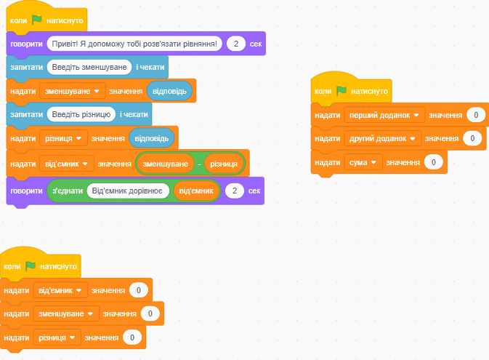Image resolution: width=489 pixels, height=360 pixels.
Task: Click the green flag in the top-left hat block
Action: [x=37, y=20]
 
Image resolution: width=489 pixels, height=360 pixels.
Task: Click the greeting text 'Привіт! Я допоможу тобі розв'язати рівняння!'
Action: [x=134, y=44]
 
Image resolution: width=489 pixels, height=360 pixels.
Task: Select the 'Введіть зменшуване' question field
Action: [x=89, y=67]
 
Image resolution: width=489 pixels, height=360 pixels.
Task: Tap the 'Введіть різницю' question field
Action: [x=81, y=115]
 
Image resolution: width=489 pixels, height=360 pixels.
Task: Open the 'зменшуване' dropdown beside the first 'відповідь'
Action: [x=73, y=91]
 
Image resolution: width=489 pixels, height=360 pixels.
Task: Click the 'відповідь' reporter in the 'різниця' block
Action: [x=152, y=138]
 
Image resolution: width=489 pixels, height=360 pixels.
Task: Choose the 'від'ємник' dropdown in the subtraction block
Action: [x=67, y=164]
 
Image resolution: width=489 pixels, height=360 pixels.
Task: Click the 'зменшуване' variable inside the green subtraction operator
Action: [x=165, y=164]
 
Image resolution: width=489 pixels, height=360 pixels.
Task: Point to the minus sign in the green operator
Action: [x=199, y=164]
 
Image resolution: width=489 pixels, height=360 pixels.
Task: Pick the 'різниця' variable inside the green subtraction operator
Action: [x=224, y=164]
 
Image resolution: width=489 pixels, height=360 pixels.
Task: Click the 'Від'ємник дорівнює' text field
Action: [x=128, y=191]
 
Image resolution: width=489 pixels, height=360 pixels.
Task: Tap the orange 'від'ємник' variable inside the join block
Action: [x=196, y=191]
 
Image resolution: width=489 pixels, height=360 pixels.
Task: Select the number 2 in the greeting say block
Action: [x=236, y=44]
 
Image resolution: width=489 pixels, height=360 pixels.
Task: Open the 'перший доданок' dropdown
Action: [x=384, y=115]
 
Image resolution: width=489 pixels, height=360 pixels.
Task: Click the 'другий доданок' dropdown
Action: [x=382, y=139]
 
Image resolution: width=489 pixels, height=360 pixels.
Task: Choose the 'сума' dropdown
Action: [x=363, y=162]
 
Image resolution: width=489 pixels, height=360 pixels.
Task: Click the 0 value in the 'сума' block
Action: [x=434, y=162]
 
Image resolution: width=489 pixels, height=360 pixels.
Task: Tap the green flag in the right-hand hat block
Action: [x=342, y=91]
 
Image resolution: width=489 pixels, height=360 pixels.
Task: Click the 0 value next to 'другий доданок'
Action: [x=472, y=139]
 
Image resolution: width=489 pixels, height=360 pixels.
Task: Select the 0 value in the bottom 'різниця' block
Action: [x=132, y=337]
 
